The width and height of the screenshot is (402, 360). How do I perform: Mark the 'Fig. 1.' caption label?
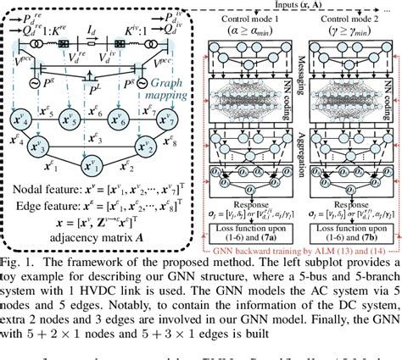19,255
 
